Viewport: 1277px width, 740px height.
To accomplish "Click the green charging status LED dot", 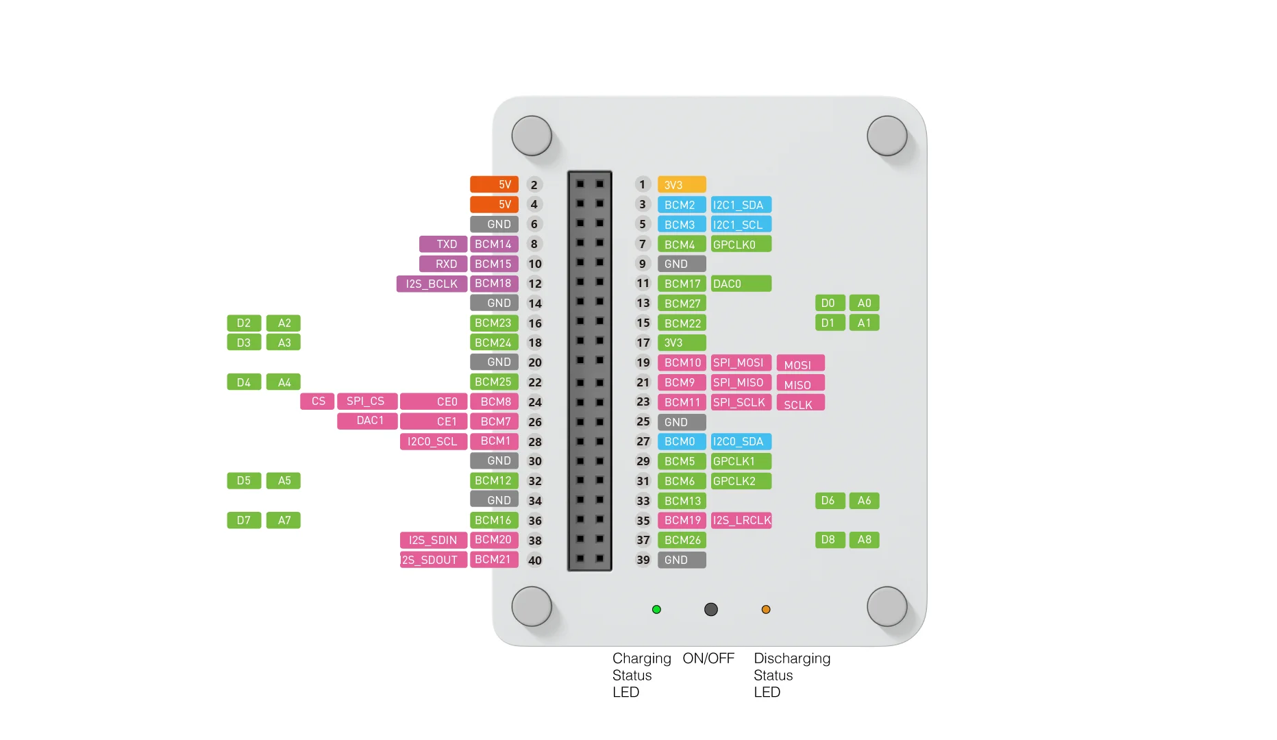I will coord(656,609).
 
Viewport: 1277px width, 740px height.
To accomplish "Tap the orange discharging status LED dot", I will coord(766,609).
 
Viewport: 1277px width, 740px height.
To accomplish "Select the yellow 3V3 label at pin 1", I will coord(681,185).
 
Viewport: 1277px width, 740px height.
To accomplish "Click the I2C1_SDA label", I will coord(741,205).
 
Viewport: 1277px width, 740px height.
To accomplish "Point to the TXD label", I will coord(443,244).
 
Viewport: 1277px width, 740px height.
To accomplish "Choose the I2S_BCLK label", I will coord(432,284).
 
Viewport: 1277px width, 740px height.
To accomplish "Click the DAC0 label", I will coord(741,284).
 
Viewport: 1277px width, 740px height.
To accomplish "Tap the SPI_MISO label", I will coord(741,382).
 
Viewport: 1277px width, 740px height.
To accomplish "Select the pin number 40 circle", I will coord(535,560).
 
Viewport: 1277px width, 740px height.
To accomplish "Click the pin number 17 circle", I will coord(643,343).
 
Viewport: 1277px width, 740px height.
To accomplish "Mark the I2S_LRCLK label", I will coord(741,521).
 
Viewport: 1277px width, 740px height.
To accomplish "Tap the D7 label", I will coord(244,521).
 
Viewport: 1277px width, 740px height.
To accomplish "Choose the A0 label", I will coord(864,303).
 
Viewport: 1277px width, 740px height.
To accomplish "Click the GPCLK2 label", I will coord(741,481).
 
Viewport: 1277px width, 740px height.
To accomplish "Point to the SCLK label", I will coord(800,404).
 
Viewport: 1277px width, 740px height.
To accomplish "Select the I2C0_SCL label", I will coord(433,441).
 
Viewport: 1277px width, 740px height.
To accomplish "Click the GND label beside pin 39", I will coord(681,560).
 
